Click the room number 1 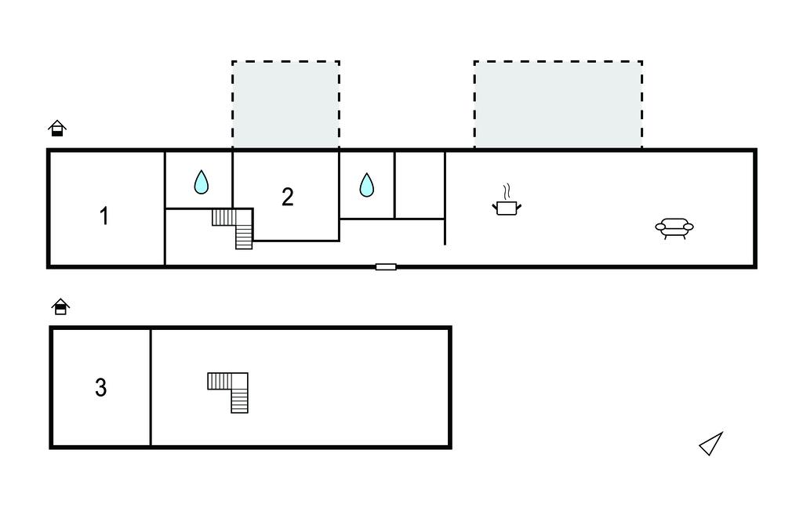104,216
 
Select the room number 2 287,197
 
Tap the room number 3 101,388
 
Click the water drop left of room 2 202,182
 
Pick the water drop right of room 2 367,185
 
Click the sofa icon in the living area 674,228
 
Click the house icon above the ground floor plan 57,128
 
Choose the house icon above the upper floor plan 60,306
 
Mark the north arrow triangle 711,444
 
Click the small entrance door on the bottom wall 386,266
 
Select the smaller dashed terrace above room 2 285,105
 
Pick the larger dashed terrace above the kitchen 558,105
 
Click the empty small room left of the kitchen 420,185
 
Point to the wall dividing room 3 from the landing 151,388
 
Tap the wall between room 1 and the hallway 165,208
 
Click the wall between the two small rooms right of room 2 395,185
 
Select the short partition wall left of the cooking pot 445,198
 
